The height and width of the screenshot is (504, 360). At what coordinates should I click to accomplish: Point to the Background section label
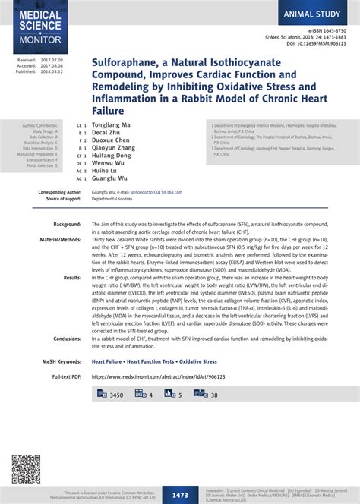pyautogui.click(x=67, y=225)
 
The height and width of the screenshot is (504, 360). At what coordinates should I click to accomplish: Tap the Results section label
pyautogui.click(x=72, y=278)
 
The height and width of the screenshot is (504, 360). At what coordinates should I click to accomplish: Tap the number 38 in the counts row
pyautogui.click(x=214, y=395)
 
